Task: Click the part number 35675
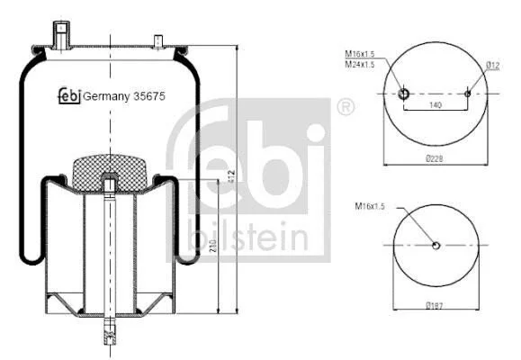pos(149,96)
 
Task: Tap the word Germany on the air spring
pos(106,96)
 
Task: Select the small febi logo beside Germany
pos(69,95)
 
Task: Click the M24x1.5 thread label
pos(360,64)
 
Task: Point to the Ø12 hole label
pos(493,66)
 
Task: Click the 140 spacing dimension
pos(436,105)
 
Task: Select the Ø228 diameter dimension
pos(435,158)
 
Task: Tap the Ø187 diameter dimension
pos(435,305)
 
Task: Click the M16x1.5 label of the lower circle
pos(370,206)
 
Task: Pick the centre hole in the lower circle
pos(436,246)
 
